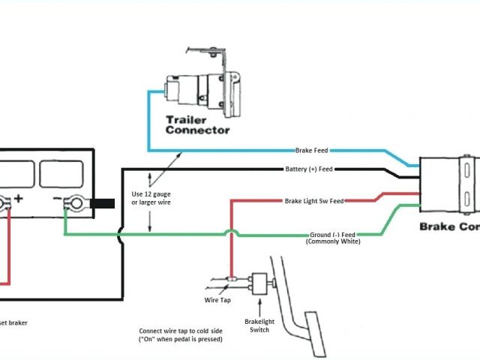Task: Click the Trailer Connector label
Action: coord(197,124)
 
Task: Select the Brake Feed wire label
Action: coord(311,150)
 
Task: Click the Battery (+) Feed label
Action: coord(309,169)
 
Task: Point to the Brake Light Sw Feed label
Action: coord(314,201)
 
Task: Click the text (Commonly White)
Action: coord(333,241)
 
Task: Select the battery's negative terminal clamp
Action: coord(74,203)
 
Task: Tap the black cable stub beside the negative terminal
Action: coord(102,203)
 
